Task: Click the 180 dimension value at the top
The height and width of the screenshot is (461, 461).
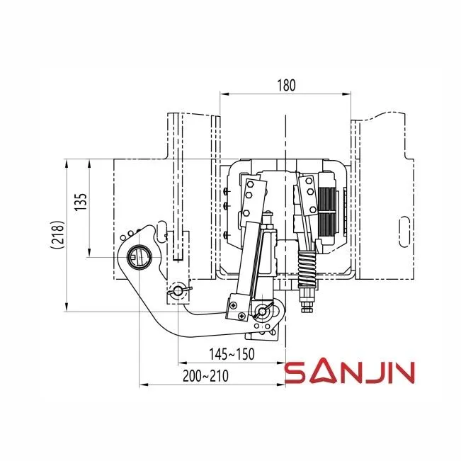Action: pos(286,84)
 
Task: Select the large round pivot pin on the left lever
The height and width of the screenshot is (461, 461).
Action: pos(140,255)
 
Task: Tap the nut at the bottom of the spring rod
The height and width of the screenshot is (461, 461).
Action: pos(308,305)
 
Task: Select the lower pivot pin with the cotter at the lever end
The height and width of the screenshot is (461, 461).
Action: pos(265,312)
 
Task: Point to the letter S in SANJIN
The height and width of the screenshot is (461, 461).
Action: pos(293,373)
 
